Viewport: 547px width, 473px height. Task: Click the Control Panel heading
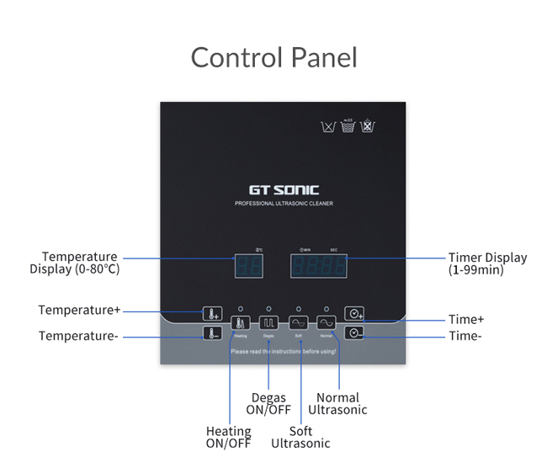tap(273, 58)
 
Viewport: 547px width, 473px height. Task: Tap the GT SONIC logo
tap(283, 190)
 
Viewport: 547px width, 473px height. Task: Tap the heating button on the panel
tap(240, 322)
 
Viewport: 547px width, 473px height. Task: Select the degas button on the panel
tap(268, 322)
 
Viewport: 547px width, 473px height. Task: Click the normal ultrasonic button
tap(326, 322)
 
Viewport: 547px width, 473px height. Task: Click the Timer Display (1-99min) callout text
tap(487, 263)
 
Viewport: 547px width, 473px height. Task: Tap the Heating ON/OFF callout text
tap(229, 438)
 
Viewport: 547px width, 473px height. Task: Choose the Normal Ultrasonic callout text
tap(337, 403)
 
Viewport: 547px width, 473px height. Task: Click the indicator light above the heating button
tap(240, 309)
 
